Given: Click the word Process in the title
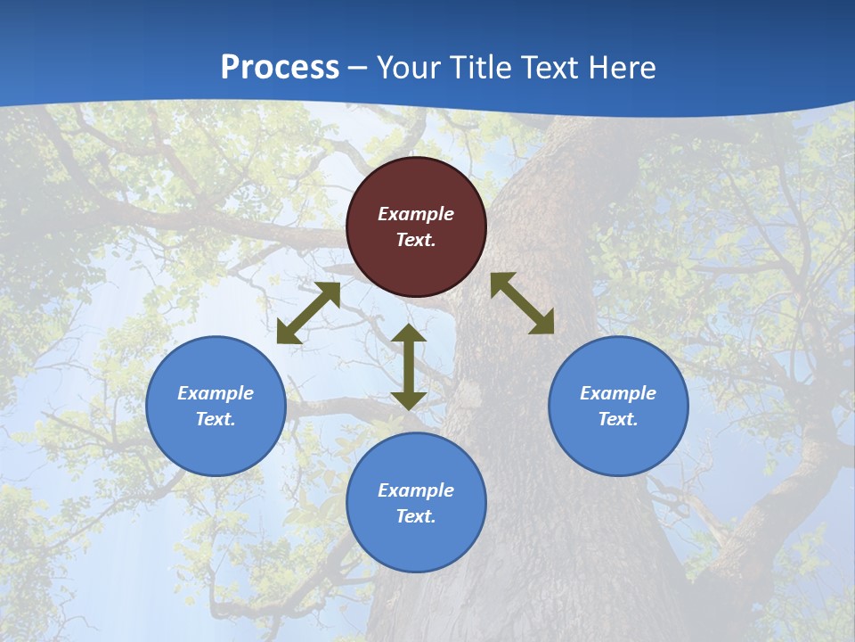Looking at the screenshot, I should (280, 68).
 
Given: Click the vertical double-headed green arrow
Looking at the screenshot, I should (409, 367).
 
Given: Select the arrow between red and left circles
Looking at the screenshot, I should (308, 313).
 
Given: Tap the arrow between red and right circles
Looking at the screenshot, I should (523, 303).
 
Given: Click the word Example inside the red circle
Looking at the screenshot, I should (416, 214).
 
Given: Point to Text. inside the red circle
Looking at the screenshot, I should (416, 240).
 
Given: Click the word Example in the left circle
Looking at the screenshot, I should (216, 393).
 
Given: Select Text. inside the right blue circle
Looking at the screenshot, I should (618, 419).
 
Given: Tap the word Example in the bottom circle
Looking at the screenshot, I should (416, 490).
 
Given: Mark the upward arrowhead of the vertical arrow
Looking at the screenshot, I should (409, 334).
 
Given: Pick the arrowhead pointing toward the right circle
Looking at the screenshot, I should (541, 322).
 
